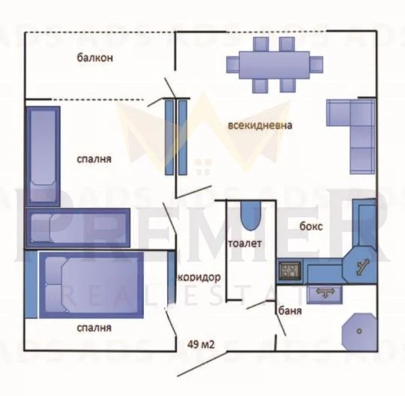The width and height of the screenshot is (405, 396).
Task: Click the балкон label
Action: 94,58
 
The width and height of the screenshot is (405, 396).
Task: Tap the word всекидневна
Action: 259,125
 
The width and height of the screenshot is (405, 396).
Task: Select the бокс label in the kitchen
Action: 311,226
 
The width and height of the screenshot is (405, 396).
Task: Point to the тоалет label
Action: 244,243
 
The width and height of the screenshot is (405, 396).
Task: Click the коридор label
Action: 199,277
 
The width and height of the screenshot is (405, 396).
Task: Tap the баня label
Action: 290,310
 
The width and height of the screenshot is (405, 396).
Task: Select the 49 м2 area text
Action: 201,344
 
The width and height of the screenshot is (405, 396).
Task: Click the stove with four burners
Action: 290,271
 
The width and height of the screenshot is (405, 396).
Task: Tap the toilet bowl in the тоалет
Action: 250,216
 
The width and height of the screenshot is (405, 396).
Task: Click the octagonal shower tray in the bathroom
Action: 358,331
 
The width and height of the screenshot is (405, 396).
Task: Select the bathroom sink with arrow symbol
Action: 325,294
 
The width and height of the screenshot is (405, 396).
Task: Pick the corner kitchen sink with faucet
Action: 360,265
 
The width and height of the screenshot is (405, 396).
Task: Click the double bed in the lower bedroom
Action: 91,285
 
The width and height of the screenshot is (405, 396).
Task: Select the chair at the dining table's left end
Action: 232,64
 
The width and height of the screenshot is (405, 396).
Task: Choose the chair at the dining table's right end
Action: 316,64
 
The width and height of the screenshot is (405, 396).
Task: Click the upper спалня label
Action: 94,159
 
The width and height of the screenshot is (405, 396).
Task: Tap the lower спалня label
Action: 94,328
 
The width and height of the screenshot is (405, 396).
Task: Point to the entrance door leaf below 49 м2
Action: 202,364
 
